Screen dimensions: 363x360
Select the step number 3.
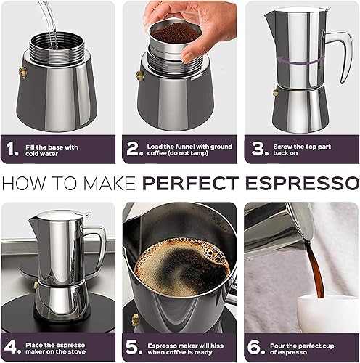point(256,149)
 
